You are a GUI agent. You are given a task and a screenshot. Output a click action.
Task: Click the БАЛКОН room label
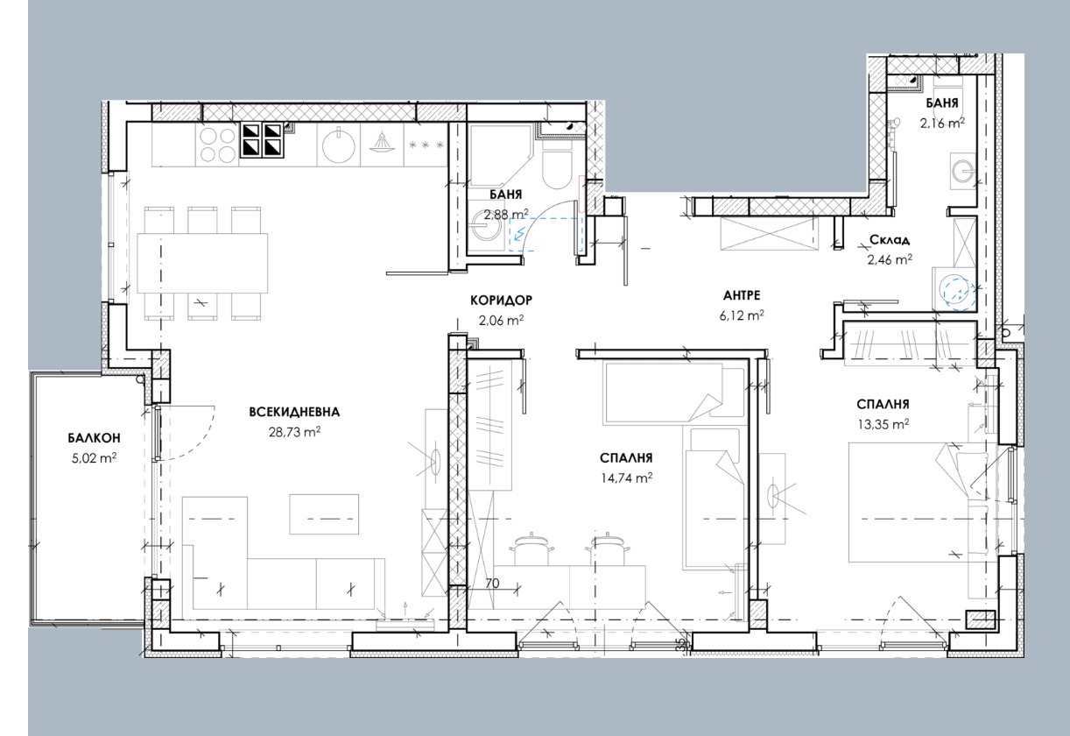pos(94,438)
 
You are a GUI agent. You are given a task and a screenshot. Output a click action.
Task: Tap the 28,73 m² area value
pos(294,432)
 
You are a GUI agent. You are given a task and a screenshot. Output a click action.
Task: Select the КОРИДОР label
pos(501,301)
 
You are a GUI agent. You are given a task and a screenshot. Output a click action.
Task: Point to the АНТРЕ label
pos(742,295)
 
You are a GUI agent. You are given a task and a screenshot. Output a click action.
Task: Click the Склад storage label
pos(890,239)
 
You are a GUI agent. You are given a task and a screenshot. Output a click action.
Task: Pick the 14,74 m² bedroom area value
pos(626,478)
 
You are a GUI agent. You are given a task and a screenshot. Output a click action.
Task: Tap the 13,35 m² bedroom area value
pos(883,424)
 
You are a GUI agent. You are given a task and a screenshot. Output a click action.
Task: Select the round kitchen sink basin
pos(339,145)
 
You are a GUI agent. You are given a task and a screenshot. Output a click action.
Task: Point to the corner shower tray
pos(499,155)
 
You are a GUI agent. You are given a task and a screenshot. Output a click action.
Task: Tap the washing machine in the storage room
pos(954,291)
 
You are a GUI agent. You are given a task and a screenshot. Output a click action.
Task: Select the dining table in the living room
pos(202,263)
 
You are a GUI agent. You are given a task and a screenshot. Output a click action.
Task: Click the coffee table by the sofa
pos(324,514)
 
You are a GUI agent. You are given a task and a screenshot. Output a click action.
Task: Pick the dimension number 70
pos(492,584)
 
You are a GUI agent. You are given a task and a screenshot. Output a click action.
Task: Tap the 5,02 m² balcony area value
pos(94,458)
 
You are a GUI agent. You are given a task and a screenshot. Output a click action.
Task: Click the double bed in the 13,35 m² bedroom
pos(918,502)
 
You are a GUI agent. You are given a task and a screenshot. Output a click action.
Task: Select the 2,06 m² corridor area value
pos(501,320)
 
